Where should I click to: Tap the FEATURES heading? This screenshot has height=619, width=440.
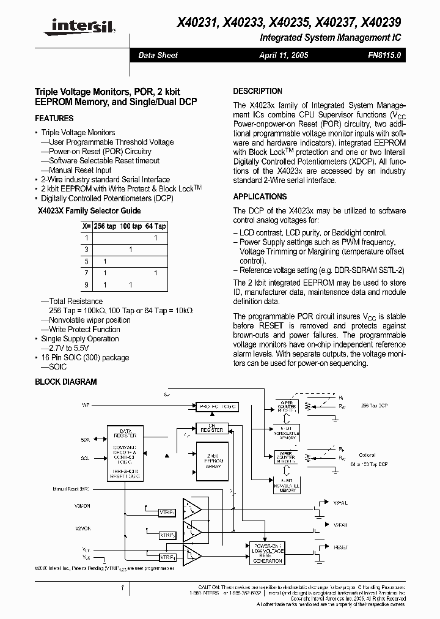(x=54, y=119)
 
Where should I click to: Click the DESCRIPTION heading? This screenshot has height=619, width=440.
(x=258, y=91)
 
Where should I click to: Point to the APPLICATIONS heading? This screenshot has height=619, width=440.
(x=260, y=197)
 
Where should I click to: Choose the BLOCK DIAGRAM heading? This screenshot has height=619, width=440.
(x=66, y=382)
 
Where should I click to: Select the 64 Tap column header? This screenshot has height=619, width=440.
(x=156, y=226)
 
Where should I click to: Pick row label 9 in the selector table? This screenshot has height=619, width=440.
(x=87, y=285)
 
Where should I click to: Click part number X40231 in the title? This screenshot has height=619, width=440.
(x=196, y=23)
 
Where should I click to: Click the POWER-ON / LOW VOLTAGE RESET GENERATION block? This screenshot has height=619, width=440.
(x=267, y=552)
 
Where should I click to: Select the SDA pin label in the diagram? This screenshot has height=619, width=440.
(x=85, y=440)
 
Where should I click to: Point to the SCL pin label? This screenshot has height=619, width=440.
(x=85, y=458)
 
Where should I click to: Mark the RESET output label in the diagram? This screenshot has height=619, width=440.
(x=341, y=547)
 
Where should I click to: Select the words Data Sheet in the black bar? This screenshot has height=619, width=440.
(x=158, y=55)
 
